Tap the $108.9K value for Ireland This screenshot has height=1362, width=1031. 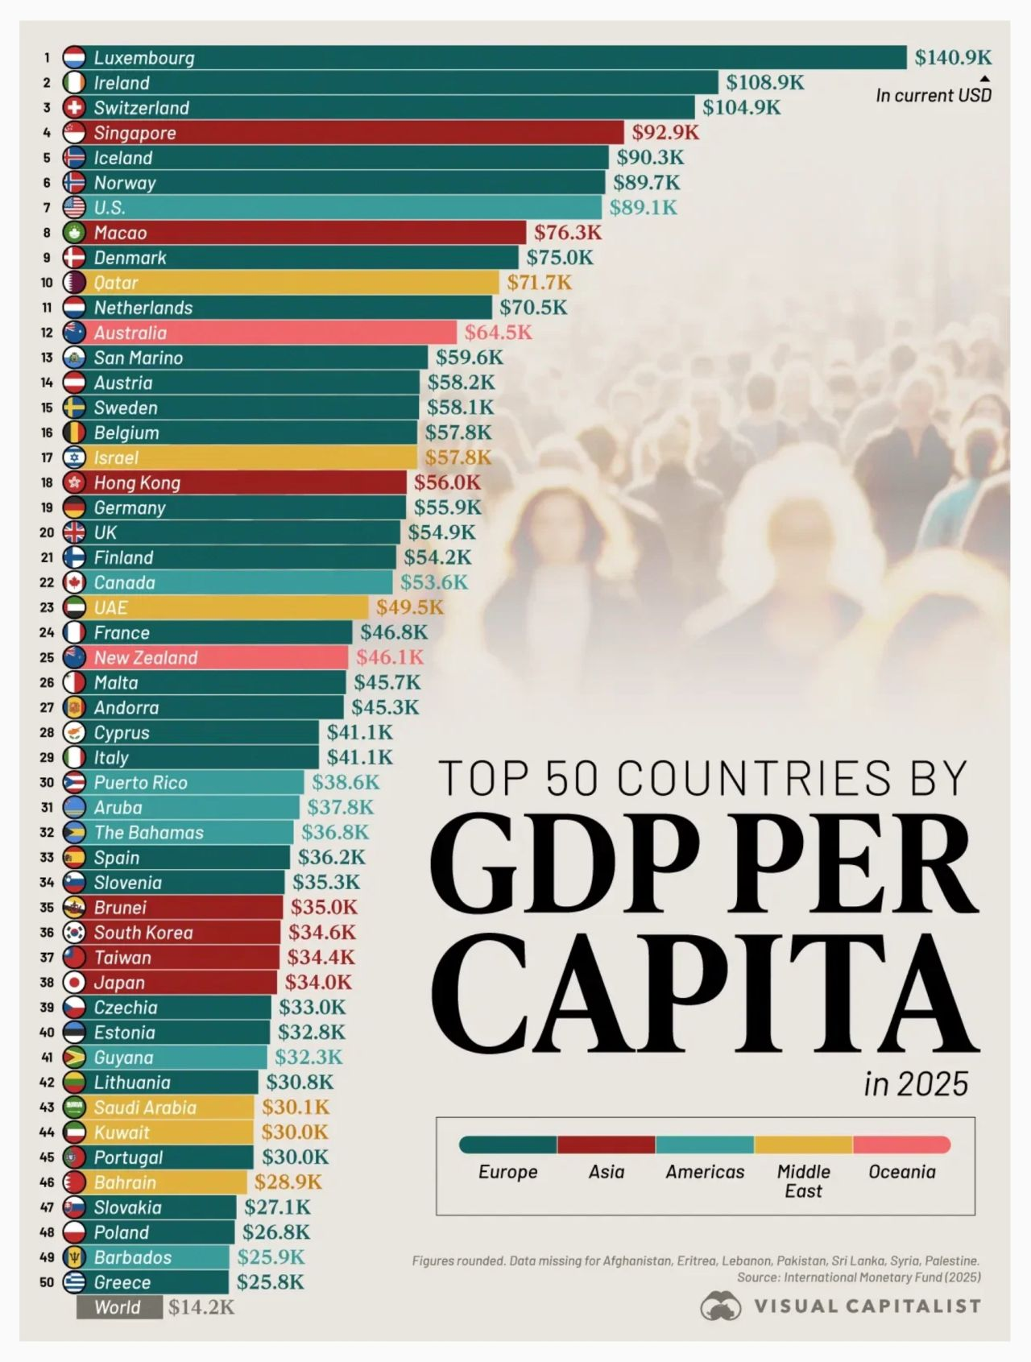764,82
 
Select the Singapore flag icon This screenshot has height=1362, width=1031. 74,133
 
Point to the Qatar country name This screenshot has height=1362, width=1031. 116,283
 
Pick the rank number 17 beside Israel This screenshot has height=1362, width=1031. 47,457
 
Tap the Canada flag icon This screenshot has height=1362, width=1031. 74,582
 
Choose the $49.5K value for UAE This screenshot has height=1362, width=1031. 409,607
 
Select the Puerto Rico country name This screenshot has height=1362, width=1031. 140,782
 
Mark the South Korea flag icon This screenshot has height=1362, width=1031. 74,932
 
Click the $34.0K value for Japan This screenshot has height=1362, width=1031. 318,982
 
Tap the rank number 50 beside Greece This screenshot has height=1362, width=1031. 47,1282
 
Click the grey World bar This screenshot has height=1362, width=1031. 119,1307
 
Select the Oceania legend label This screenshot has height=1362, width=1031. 901,1172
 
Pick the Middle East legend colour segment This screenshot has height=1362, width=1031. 803,1145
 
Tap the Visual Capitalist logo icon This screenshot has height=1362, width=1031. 720,1306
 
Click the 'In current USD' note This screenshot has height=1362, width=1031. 934,95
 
